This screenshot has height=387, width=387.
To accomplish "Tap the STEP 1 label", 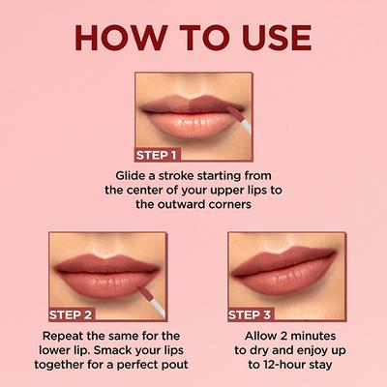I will click(157, 155).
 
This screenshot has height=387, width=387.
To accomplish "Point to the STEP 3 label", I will click(251, 314).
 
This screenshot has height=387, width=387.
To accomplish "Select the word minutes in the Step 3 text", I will click(315, 336).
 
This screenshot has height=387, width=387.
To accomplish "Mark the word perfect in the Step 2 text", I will click(122, 367).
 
